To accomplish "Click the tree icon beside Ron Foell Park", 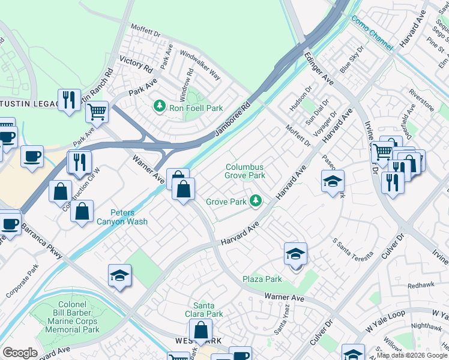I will pos(159,106).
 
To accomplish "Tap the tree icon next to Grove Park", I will pos(256,200).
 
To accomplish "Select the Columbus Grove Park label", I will pos(245,172).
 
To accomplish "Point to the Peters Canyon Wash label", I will pos(121,217).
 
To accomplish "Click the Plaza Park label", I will pos(262,279).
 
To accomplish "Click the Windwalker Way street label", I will pos(200,65).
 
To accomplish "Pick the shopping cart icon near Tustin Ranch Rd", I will pos(97,111).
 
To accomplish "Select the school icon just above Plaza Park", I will pos(295,254).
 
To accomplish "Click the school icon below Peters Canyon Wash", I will pos(119,276).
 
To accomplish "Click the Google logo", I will pos(20,353).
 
